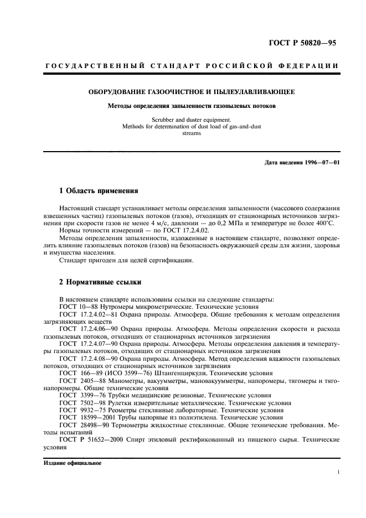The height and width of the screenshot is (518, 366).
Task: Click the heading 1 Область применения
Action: [98, 191]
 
